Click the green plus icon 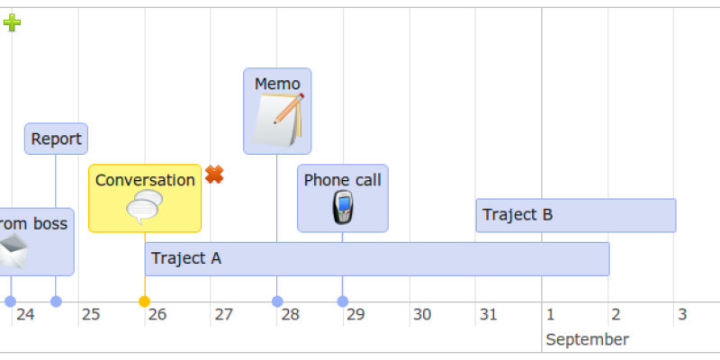(12, 22)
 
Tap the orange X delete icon (214, 175)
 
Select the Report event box (56, 139)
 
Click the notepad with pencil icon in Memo (278, 120)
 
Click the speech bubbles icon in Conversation (145, 207)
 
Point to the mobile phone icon (343, 208)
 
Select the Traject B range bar (576, 215)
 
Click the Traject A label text (186, 258)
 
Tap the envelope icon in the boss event (13, 251)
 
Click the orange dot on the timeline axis (144, 301)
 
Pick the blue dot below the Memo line (277, 301)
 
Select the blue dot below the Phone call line (343, 301)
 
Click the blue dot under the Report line (56, 301)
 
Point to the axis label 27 (223, 315)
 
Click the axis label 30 (422, 315)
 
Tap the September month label (588, 340)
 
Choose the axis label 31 (488, 315)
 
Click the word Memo (277, 84)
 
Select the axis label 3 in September (682, 315)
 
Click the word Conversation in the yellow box (145, 180)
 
